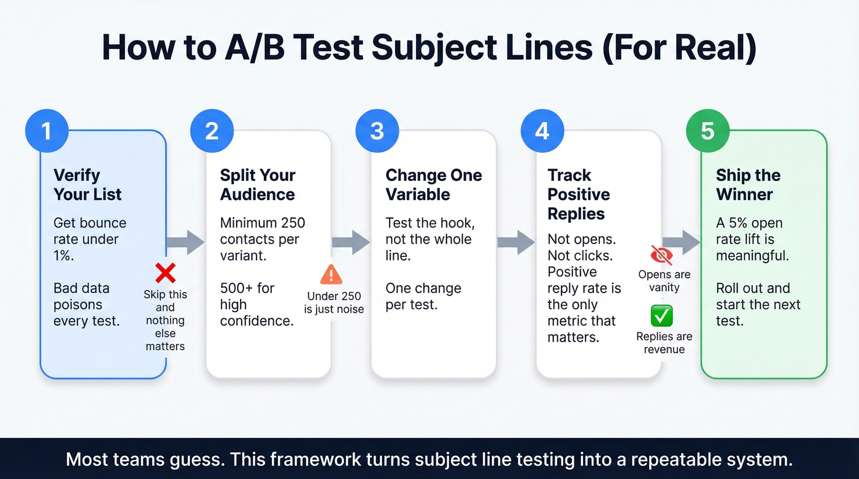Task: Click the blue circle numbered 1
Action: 47,131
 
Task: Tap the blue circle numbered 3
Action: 377,131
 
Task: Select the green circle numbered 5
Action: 707,131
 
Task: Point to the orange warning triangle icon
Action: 331,274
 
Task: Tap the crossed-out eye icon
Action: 661,255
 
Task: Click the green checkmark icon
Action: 662,316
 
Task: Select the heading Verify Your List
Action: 87,185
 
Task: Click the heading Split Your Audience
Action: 258,185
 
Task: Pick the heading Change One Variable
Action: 433,185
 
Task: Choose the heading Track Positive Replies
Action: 579,194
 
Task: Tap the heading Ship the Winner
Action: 748,185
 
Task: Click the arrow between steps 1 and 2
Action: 186,242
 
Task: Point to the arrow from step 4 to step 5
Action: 681,242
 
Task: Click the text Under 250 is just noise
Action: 334,303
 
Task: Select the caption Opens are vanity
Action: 664,281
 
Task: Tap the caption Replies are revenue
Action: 664,343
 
